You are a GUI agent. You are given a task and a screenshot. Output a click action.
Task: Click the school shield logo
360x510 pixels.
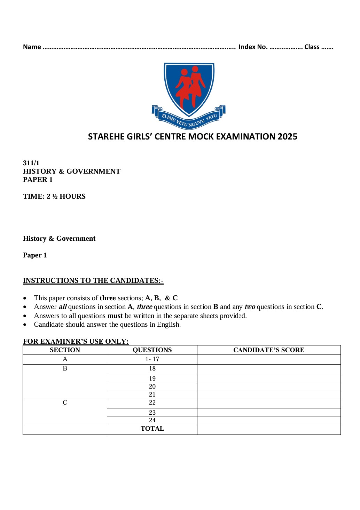pos(189,89)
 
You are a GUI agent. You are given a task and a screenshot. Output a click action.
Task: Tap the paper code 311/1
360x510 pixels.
pos(31,163)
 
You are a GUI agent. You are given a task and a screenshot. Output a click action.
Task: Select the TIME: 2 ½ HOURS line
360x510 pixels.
pos(54,197)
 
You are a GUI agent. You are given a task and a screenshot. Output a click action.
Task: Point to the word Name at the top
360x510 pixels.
pos(32,47)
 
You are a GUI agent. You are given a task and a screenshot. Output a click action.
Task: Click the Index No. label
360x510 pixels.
pos(253,47)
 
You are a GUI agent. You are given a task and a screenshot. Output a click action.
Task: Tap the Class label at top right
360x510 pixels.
pos(312,47)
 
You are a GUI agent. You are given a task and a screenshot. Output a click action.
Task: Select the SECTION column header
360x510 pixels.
pos(65,350)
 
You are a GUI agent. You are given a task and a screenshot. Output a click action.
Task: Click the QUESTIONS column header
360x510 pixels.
pos(152,350)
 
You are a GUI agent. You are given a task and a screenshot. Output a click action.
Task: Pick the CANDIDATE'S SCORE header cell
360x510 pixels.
pos(268,350)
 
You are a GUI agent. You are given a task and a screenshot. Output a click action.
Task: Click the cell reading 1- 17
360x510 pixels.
pos(152,359)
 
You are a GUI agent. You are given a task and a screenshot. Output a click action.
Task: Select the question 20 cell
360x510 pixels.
pos(152,387)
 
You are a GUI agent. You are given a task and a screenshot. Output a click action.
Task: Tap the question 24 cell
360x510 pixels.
pos(152,420)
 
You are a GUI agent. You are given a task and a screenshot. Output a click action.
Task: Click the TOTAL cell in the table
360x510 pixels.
pos(152,429)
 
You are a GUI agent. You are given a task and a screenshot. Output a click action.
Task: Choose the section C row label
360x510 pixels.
pos(65,403)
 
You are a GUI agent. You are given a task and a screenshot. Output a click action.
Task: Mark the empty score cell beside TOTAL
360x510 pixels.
pos(268,429)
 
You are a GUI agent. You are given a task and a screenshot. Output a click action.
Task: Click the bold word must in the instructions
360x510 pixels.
pos(115,316)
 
